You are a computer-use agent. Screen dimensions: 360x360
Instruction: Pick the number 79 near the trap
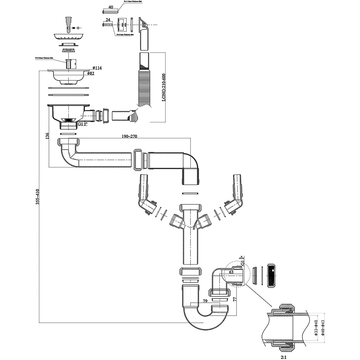pyautogui.click(x=205, y=301)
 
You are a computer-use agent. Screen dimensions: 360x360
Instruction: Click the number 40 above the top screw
pyautogui.click(x=111, y=7)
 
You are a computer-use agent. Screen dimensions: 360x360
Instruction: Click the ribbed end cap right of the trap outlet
pyautogui.click(x=271, y=276)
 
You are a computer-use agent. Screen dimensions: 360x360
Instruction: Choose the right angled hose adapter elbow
pyautogui.click(x=235, y=198)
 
